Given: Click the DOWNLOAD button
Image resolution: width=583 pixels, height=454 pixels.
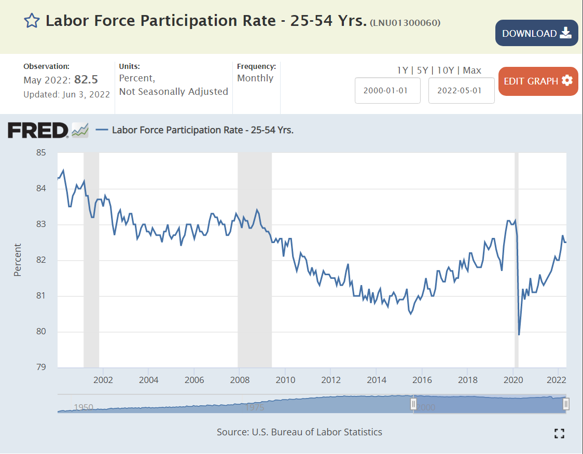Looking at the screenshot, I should click(536, 33).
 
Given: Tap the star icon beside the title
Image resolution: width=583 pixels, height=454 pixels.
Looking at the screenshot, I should click(32, 21).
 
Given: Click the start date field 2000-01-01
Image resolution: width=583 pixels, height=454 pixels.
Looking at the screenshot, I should click(387, 90).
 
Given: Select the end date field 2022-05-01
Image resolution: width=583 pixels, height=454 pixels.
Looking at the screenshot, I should click(461, 90).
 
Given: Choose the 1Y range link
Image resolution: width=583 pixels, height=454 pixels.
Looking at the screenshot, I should click(402, 70).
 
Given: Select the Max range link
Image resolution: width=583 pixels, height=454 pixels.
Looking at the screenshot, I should click(472, 70).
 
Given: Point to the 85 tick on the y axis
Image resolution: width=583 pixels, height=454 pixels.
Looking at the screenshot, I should click(41, 153).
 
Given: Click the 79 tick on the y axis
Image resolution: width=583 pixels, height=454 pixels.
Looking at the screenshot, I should click(41, 367).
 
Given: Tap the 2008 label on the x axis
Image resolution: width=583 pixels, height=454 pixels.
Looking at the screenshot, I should click(240, 379).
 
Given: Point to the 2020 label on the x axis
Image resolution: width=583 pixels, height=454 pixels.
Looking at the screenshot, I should click(513, 379).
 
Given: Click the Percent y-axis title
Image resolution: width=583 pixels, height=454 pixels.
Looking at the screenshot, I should click(18, 260).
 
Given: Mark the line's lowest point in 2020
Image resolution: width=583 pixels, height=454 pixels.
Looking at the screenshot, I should click(519, 335).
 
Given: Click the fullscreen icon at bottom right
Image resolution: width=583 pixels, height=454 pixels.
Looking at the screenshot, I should click(559, 433).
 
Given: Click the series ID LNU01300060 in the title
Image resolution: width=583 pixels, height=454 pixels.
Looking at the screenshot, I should click(405, 23).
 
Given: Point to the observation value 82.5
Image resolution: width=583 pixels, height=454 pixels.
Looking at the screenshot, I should click(86, 80).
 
